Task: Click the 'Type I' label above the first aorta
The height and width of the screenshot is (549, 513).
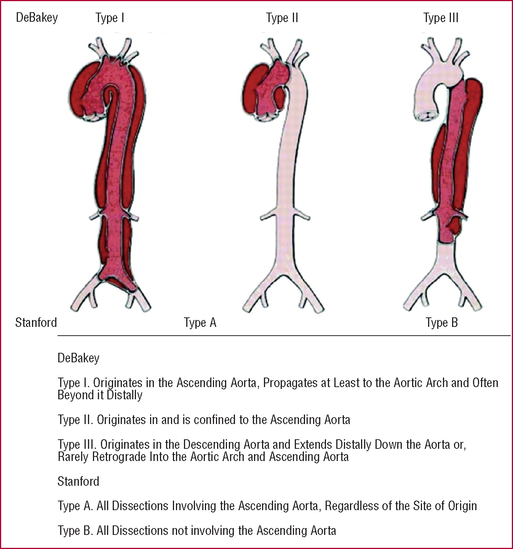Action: (x=110, y=18)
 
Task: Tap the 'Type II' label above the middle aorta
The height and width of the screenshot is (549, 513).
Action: (x=282, y=18)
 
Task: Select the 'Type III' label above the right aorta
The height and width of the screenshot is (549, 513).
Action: (x=441, y=18)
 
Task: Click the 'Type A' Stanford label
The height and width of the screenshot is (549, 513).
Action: (x=200, y=323)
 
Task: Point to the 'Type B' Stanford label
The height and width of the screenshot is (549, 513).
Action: (x=441, y=323)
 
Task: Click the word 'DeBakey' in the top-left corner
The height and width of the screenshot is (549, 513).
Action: (x=37, y=18)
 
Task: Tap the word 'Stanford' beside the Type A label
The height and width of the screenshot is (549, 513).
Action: (x=36, y=323)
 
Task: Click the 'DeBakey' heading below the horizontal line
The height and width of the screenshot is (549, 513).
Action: (x=78, y=358)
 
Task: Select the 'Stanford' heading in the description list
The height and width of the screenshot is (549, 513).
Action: (x=78, y=482)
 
